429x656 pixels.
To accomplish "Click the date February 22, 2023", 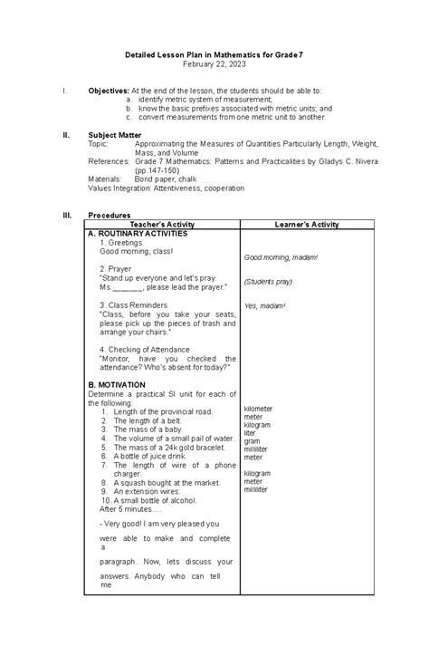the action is (214, 67).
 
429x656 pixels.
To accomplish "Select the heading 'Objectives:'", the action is (108, 92).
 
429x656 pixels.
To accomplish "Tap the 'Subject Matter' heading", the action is (115, 133).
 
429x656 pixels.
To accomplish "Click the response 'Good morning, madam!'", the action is (281, 257).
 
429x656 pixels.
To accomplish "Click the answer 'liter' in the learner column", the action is (250, 433).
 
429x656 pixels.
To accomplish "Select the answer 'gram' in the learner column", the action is (252, 441).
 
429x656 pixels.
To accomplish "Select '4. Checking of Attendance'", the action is (145, 349).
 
